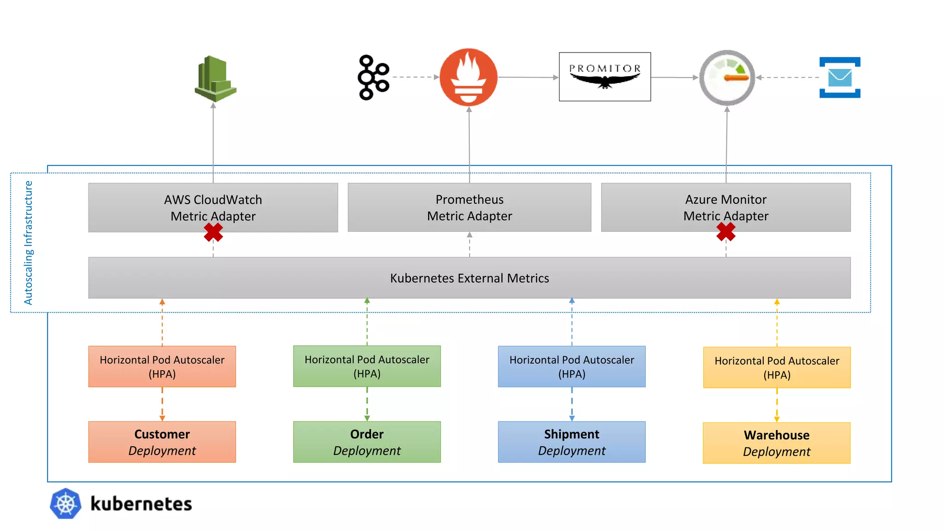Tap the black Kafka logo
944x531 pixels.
[373, 77]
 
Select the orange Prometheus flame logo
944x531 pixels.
[468, 77]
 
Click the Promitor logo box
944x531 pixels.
[604, 77]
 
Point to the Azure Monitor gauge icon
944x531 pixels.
[727, 77]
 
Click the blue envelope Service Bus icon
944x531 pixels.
[839, 77]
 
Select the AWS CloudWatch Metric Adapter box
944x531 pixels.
[213, 207]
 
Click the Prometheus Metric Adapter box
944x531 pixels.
[469, 207]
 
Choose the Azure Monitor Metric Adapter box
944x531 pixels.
[726, 207]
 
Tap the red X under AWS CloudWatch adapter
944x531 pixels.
[213, 232]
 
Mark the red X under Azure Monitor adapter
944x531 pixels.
[726, 232]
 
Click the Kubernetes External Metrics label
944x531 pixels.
[469, 278]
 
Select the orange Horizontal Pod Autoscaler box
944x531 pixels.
[162, 366]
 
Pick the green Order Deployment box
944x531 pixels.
[366, 442]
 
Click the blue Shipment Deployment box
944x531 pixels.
[572, 442]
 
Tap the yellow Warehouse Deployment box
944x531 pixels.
[776, 442]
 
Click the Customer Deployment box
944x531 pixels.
[162, 442]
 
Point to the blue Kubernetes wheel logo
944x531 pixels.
[65, 503]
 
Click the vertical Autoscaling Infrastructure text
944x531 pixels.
[28, 242]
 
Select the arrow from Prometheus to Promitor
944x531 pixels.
[528, 77]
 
